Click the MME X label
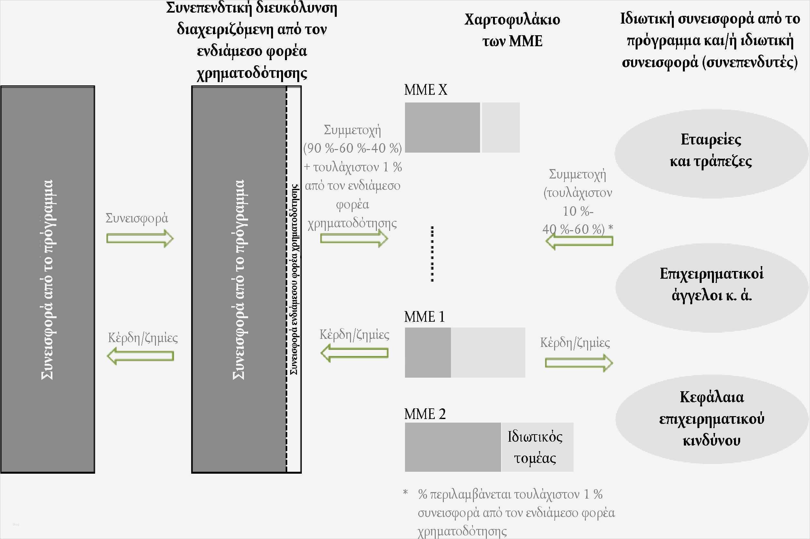click(426, 90)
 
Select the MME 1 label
click(424, 317)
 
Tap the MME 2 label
click(425, 414)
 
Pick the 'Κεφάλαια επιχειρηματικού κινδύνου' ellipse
click(711, 419)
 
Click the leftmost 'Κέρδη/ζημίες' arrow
click(140, 356)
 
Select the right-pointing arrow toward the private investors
click(579, 363)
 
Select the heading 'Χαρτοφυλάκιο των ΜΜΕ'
click(512, 30)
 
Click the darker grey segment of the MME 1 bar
click(428, 352)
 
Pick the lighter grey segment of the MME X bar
click(500, 127)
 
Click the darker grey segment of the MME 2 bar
click(453, 447)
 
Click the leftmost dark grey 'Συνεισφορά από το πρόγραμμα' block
click(48, 279)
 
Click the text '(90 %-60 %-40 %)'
click(352, 148)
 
